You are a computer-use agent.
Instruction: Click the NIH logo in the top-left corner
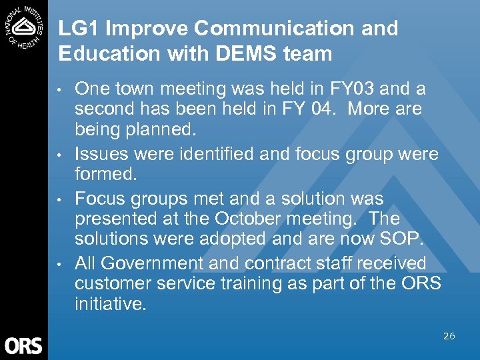tap(23, 25)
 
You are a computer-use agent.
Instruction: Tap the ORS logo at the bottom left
tap(23, 345)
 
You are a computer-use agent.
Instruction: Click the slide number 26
tap(449, 336)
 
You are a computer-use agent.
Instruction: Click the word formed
tap(105, 173)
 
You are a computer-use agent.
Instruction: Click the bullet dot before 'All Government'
tap(61, 264)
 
